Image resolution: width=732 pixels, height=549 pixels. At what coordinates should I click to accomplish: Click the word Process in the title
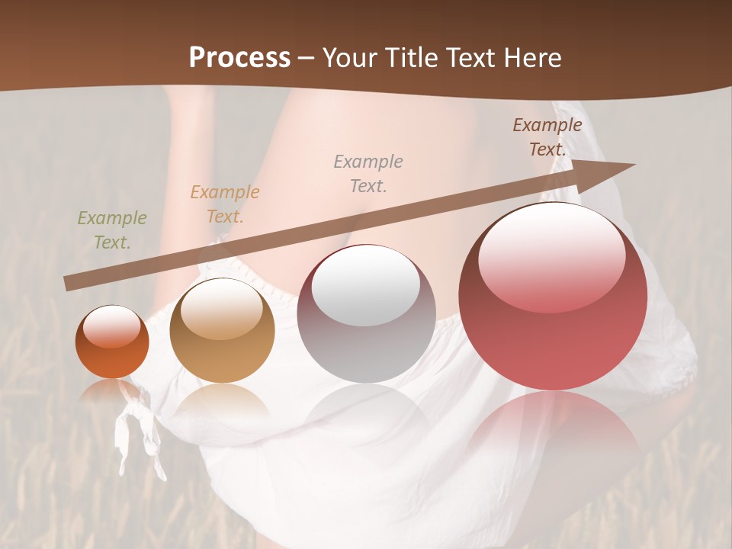[239, 58]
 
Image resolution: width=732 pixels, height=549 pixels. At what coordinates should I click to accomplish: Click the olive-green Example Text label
[112, 230]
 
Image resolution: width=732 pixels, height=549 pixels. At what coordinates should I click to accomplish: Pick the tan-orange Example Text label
[225, 204]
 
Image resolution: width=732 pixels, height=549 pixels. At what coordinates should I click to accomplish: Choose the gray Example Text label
[368, 173]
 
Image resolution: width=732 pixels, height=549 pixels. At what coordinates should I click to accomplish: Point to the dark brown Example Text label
[547, 137]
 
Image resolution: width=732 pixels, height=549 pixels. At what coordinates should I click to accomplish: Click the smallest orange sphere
[112, 342]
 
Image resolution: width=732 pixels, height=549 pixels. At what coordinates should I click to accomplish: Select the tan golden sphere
[222, 330]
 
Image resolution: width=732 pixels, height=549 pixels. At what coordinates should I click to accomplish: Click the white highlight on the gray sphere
[366, 285]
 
